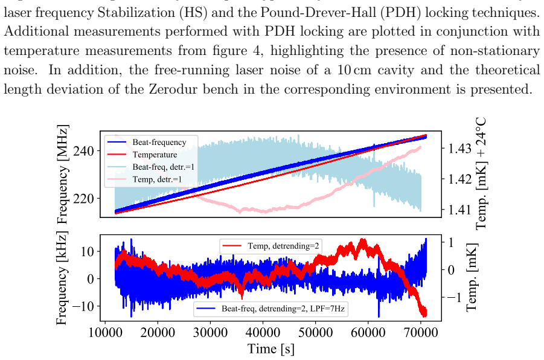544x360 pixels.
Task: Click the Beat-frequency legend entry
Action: point(159,142)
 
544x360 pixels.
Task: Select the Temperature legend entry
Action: point(155,155)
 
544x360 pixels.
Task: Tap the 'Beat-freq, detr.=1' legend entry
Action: point(164,167)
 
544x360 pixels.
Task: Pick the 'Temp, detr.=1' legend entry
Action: point(157,179)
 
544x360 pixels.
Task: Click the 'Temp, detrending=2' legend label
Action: point(283,246)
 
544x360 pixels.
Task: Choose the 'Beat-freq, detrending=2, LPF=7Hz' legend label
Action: point(283,308)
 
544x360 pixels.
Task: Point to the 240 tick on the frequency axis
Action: point(83,151)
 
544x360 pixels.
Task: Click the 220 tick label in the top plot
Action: point(83,199)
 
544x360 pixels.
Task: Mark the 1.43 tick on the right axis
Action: point(460,149)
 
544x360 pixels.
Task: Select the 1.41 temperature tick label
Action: point(460,210)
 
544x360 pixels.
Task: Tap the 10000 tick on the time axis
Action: point(106,333)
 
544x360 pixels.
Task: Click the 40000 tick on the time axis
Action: point(263,333)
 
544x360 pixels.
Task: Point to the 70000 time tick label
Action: point(420,333)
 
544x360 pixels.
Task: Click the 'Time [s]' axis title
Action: point(271,349)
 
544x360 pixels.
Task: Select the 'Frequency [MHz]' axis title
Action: point(62,175)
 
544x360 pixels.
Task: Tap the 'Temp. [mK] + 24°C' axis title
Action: point(481,173)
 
